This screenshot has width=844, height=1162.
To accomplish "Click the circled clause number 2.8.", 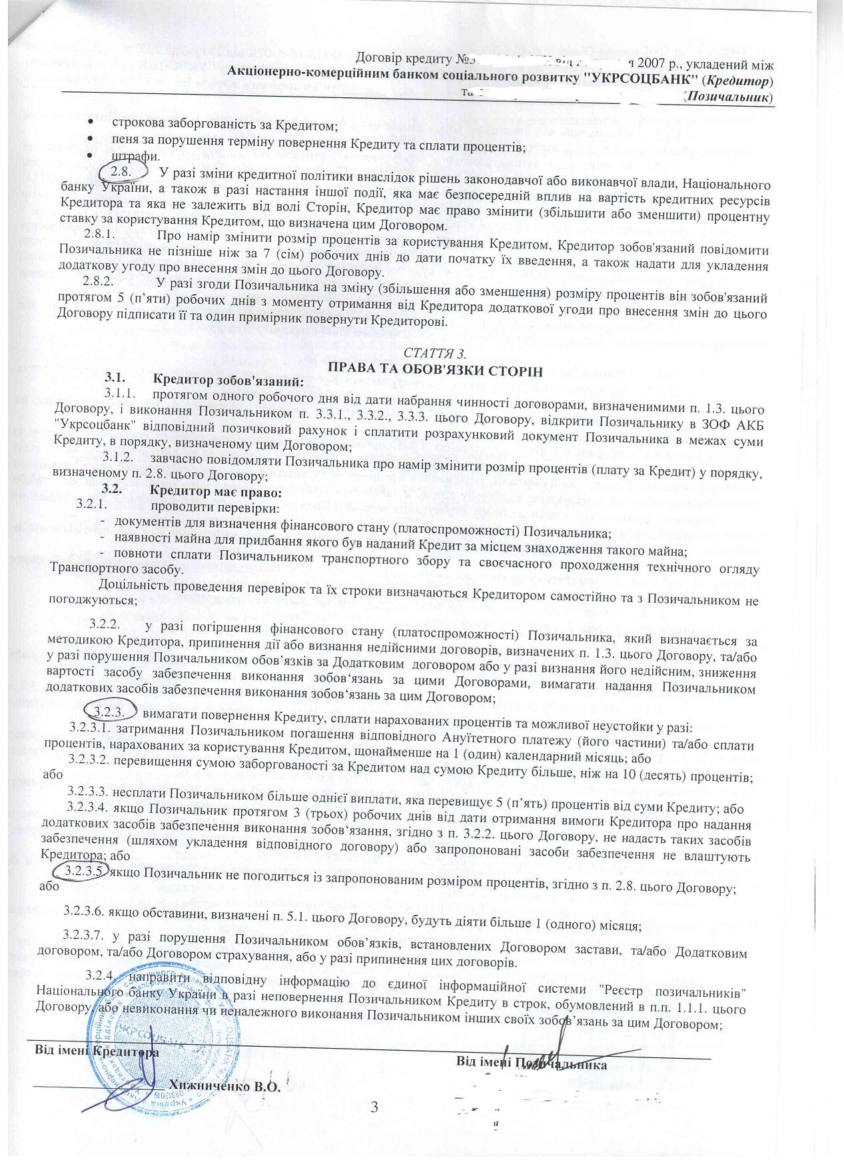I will coord(121,171).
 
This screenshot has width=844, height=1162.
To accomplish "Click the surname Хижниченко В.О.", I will coord(224,1087).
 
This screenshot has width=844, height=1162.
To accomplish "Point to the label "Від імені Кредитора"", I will coord(97,1052).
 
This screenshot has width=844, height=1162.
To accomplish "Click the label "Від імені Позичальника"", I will coord(531,1064).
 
